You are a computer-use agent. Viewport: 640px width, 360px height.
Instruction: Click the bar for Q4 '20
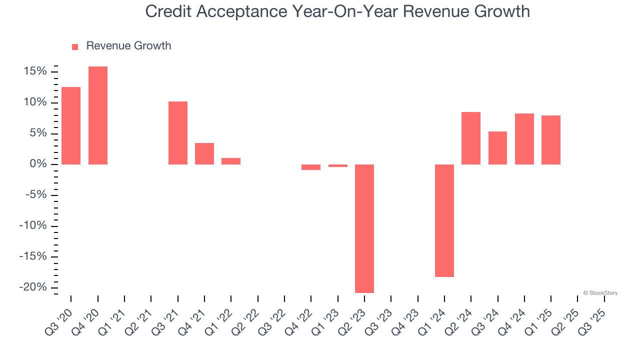point(98,115)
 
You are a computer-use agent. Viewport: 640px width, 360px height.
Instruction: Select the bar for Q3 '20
point(71,125)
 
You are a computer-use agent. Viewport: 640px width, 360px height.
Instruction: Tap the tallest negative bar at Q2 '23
point(364,228)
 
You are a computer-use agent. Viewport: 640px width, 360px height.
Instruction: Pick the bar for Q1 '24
point(444,220)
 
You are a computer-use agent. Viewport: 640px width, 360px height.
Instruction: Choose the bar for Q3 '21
point(178,133)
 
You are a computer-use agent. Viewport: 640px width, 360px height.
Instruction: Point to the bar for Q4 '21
point(204,153)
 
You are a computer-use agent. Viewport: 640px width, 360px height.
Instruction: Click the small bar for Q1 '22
point(231,161)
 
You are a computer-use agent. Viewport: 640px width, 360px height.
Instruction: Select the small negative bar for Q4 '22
point(311,167)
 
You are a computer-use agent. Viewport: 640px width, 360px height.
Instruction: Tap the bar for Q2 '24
point(471,138)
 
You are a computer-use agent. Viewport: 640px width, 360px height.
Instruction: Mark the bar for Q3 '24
point(497,148)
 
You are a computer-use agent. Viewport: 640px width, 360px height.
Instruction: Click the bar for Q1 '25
point(551,140)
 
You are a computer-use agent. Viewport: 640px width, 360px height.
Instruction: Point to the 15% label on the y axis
point(35,71)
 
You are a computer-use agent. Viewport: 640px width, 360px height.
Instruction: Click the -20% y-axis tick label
point(33,287)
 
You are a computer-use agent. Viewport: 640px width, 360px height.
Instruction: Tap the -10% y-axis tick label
point(33,226)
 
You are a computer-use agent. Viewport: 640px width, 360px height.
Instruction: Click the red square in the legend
point(75,46)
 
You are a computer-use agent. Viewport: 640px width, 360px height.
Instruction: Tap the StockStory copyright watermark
point(600,293)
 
